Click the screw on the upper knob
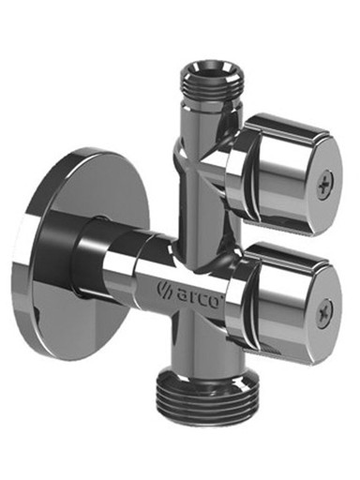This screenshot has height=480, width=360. coord(326,186)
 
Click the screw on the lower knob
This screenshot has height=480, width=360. coord(325,313)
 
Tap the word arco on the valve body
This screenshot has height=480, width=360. coord(199,295)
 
